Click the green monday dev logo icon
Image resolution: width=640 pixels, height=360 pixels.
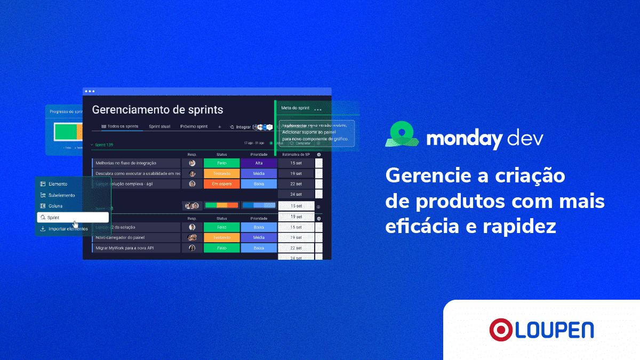tap(402, 134)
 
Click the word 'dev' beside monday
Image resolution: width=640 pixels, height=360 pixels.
tap(525, 139)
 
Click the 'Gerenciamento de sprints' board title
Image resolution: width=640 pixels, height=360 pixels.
tap(157, 110)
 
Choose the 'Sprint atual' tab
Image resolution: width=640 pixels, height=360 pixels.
tap(159, 127)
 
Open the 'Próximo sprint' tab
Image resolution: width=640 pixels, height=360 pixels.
tap(194, 127)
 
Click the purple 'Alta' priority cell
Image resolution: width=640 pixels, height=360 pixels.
tap(259, 163)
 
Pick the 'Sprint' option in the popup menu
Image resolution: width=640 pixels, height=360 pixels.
tap(53, 218)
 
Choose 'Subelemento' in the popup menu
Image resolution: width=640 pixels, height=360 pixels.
tap(61, 195)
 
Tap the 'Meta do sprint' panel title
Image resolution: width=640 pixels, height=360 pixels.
tap(295, 108)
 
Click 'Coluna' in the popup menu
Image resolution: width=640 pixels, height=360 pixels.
tap(55, 206)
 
